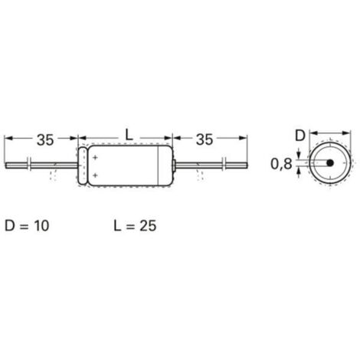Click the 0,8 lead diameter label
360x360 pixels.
[x=281, y=164]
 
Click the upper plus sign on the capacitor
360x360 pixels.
[x=94, y=157]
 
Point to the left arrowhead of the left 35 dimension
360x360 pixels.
[x=8, y=139]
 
